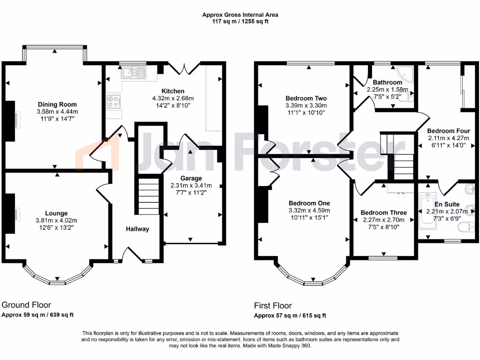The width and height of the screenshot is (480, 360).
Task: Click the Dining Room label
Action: point(57,105)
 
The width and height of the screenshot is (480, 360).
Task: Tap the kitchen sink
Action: point(133,73)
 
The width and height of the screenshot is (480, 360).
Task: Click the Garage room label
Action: point(191,178)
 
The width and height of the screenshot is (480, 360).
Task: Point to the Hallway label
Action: point(137,229)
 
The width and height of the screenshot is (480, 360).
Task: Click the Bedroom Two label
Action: point(306,98)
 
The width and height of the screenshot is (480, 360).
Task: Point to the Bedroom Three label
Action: point(383,212)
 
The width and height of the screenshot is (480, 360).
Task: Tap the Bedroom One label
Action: point(309,203)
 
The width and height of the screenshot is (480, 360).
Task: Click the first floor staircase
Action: point(397,157)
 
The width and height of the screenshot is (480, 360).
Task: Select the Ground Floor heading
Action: point(27,305)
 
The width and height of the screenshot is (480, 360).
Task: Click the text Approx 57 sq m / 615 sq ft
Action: point(290,315)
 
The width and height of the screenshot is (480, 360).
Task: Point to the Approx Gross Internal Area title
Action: point(240,15)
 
